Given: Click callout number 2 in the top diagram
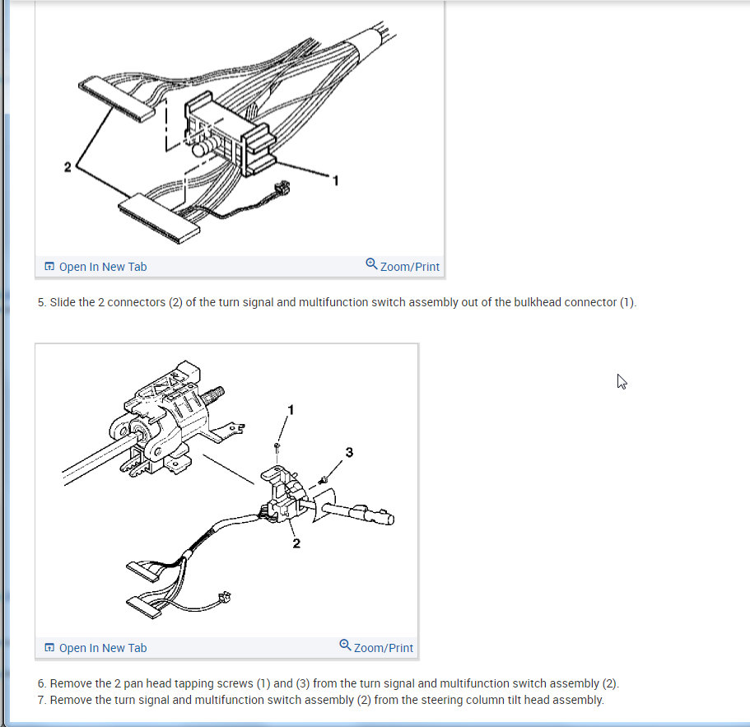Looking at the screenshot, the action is click(68, 167).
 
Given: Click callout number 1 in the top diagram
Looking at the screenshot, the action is click(336, 180).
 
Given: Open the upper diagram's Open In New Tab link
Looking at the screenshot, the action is click(102, 267).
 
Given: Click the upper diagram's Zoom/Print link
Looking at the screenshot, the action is click(409, 267).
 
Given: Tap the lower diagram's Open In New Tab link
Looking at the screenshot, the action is click(102, 648).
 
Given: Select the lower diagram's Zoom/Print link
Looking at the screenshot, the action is click(383, 648).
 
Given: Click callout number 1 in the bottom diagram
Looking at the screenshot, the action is click(291, 410).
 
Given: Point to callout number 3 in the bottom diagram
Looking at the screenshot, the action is click(349, 452).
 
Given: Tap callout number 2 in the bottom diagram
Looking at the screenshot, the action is click(296, 543).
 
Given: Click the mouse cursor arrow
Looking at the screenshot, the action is click(622, 382).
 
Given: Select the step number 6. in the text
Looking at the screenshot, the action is click(42, 683).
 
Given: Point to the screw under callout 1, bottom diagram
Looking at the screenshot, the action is click(277, 448).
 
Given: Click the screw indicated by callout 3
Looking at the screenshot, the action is click(323, 479).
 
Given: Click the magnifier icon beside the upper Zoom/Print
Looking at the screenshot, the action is click(371, 263).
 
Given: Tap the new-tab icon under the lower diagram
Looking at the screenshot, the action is click(49, 648).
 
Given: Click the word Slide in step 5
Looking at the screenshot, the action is click(63, 302).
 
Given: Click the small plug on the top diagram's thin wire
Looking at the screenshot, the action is click(282, 188).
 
